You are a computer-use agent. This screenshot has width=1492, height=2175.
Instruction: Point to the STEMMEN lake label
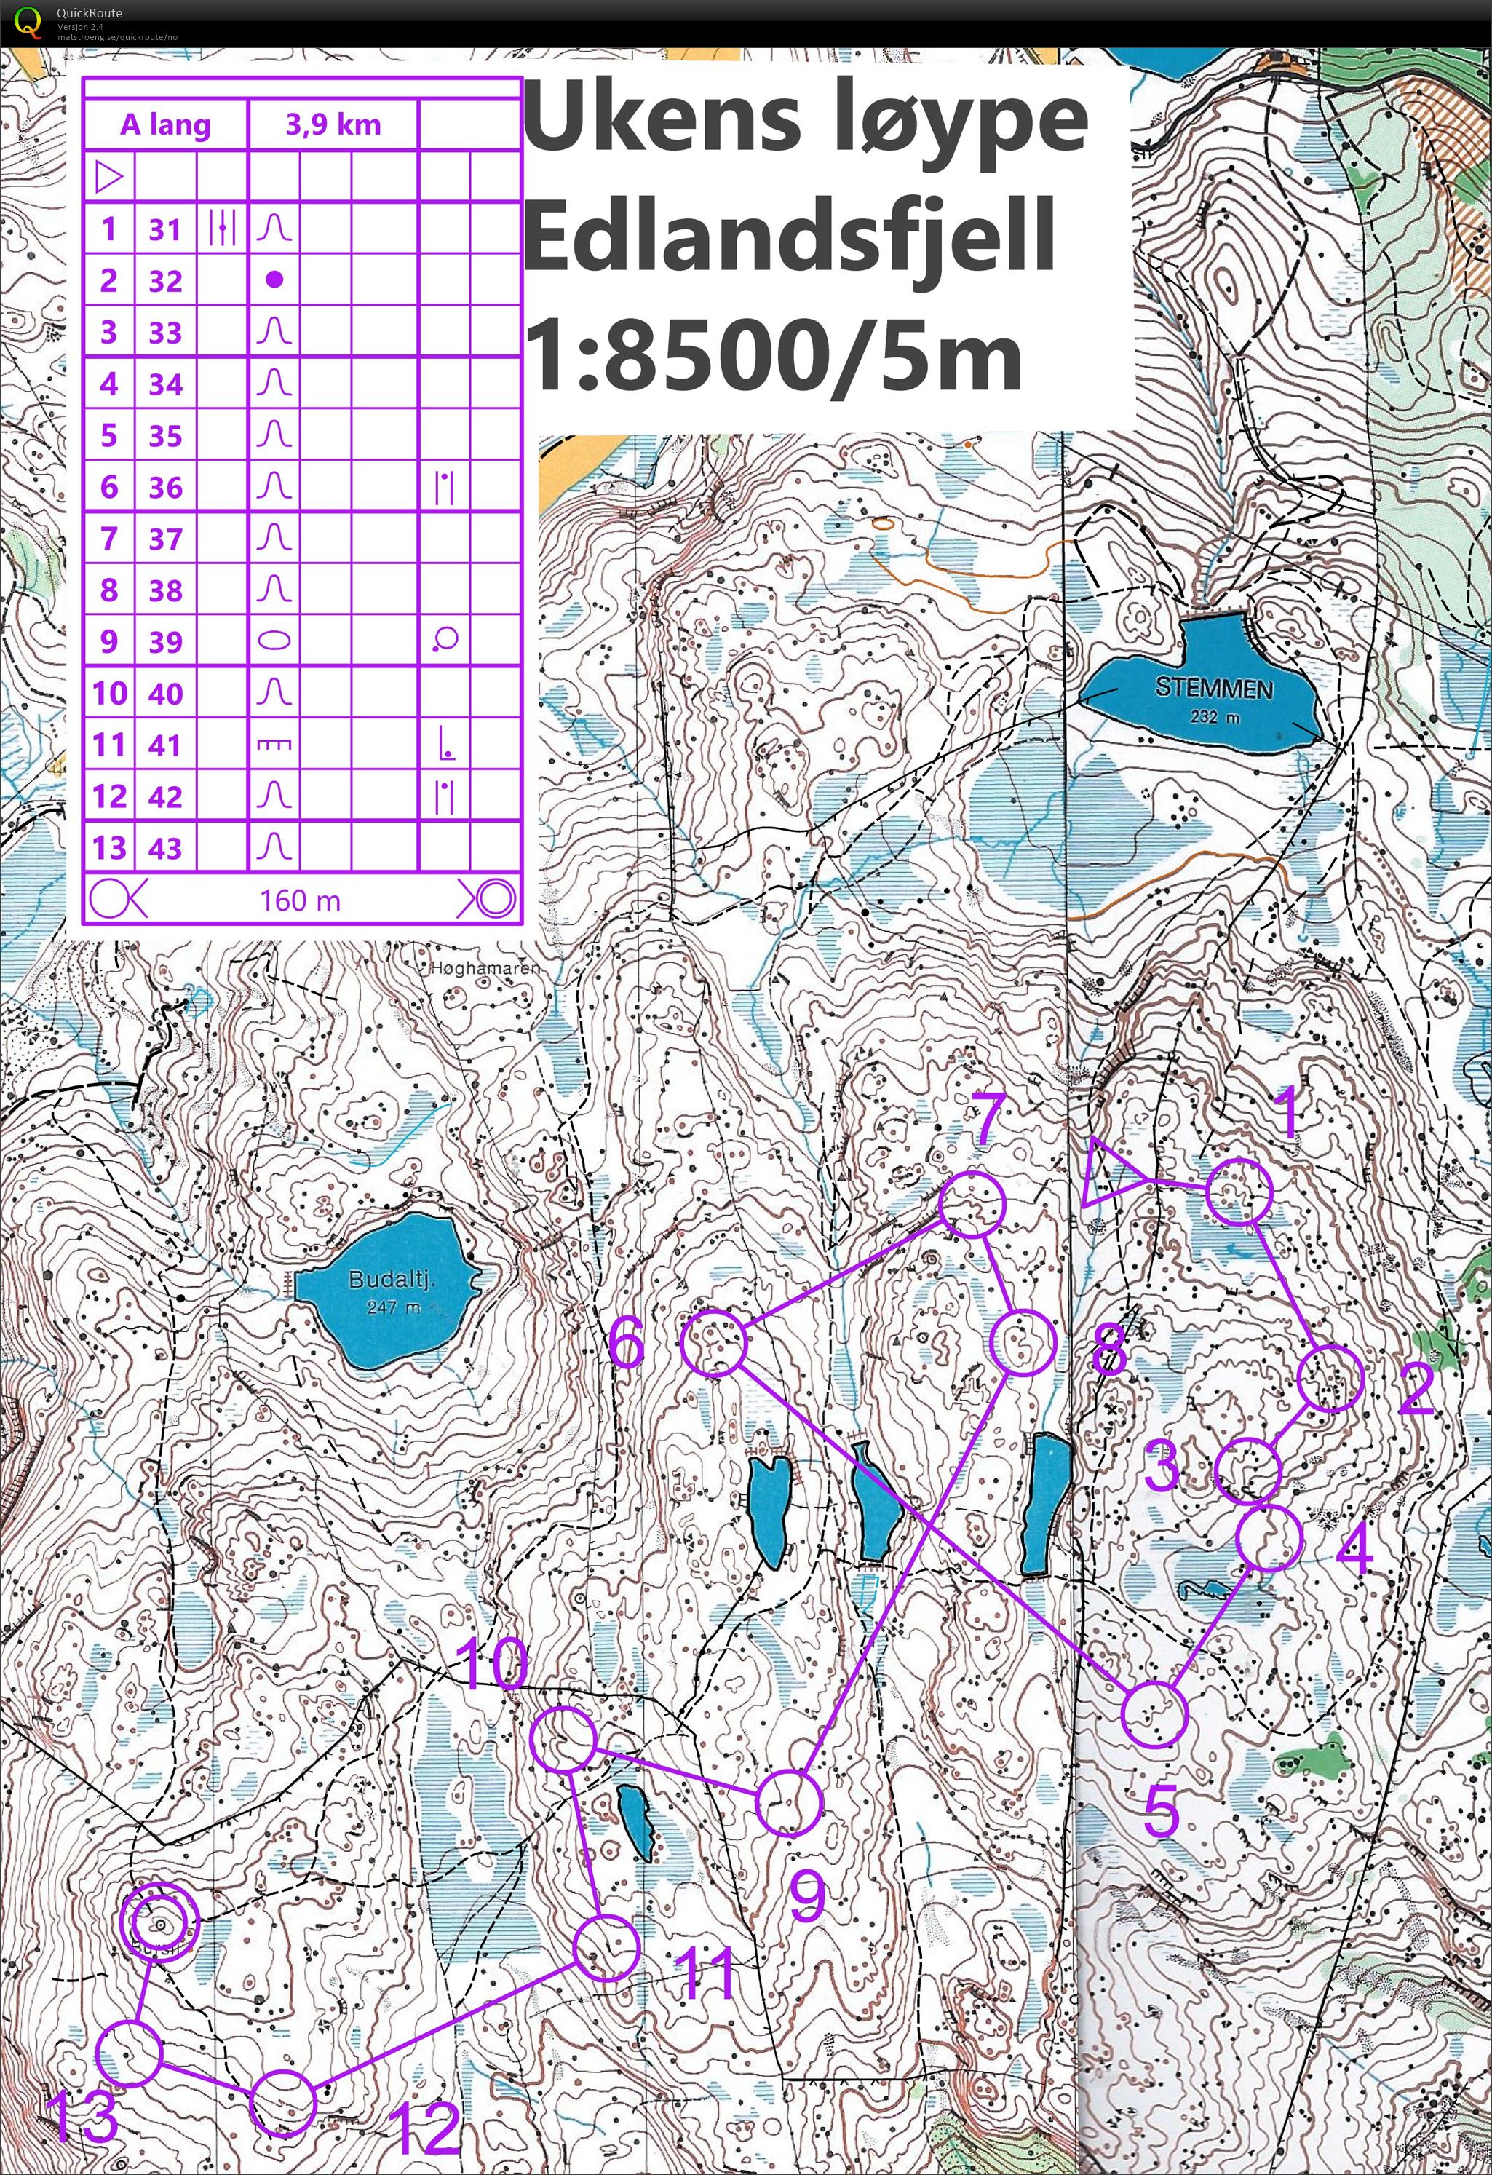(1213, 688)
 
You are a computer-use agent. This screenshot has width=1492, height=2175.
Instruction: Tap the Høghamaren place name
(485, 967)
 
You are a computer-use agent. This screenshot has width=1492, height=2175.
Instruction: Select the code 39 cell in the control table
(166, 642)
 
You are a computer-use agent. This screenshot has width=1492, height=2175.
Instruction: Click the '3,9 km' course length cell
(333, 124)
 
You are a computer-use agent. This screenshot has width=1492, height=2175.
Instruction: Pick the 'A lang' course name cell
(166, 124)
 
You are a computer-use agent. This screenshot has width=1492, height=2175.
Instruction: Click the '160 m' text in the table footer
(300, 900)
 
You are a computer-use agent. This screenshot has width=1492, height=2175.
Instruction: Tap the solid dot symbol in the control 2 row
(274, 279)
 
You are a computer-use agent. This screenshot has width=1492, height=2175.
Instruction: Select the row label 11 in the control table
(108, 745)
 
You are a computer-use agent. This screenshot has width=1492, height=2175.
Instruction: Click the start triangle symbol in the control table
(108, 176)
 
